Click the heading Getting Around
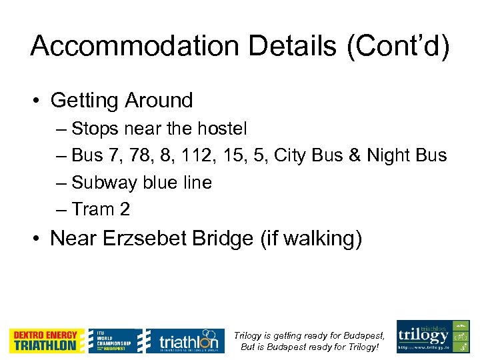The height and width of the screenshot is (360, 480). [121, 101]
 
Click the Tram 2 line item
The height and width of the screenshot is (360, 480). [101, 209]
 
